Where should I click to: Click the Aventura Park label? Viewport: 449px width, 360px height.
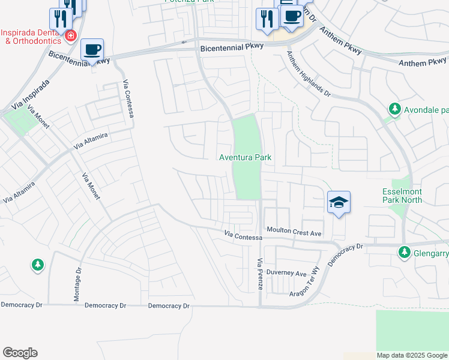click(x=245, y=157)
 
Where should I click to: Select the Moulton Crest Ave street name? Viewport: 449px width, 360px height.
click(x=295, y=231)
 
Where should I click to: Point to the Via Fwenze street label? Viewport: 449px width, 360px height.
click(x=261, y=274)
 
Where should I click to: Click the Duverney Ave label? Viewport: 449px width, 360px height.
click(x=287, y=273)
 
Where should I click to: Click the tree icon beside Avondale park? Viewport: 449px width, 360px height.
click(x=394, y=109)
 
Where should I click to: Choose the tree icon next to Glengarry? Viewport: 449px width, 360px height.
click(x=405, y=253)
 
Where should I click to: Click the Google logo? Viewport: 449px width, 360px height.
click(x=20, y=353)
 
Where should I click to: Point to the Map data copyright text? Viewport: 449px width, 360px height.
click(x=412, y=355)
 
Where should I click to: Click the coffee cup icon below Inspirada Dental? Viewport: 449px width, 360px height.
click(x=92, y=49)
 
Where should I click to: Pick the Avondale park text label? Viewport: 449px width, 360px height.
click(x=427, y=110)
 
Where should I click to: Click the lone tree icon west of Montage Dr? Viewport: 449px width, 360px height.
click(x=37, y=264)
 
